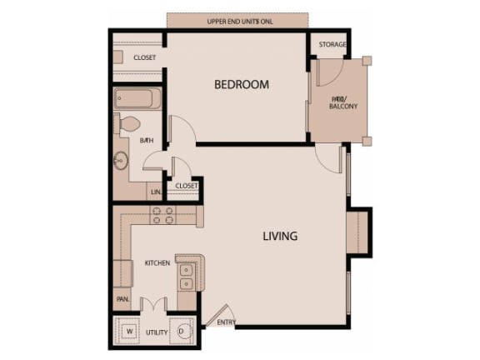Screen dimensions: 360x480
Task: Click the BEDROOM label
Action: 241,84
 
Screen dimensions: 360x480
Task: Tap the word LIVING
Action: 280,236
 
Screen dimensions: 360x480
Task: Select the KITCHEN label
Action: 157,262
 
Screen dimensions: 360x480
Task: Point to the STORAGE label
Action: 332,44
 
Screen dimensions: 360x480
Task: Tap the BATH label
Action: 147,140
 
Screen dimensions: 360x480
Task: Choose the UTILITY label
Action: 157,332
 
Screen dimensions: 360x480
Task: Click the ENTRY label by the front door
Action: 226,322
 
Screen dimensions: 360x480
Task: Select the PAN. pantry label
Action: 122,298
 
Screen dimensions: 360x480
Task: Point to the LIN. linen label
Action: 155,192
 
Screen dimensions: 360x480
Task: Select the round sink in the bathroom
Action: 122,161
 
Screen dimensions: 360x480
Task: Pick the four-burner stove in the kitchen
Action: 162,215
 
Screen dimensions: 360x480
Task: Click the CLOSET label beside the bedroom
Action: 144,57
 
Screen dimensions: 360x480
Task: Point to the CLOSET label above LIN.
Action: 187,186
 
